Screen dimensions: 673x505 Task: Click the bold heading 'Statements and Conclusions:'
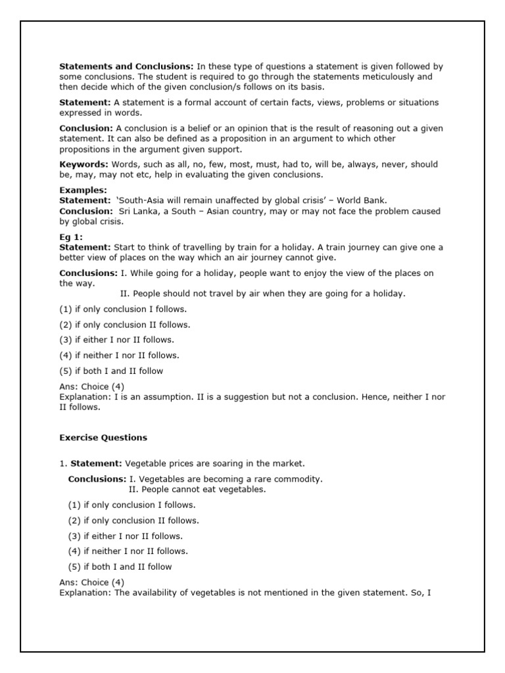click(126, 66)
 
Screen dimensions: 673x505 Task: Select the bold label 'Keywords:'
click(84, 164)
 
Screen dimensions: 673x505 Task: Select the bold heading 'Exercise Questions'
click(103, 437)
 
